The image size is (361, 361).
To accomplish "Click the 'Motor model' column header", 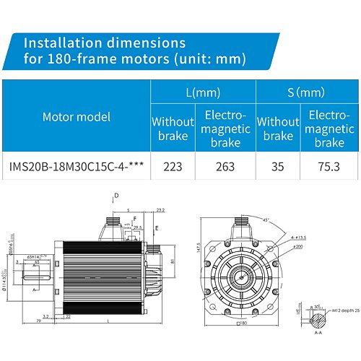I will [76, 116].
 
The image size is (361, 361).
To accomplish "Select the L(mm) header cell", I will [203, 92].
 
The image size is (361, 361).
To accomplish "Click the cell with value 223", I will [173, 165].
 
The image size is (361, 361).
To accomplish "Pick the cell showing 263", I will [225, 165].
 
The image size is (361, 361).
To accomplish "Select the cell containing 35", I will [278, 165].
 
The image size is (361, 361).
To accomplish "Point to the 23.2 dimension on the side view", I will [160, 210].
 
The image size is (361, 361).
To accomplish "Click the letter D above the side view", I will [116, 196].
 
